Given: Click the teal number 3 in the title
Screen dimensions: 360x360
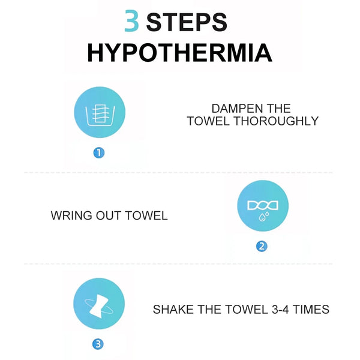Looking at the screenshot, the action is click(x=131, y=20).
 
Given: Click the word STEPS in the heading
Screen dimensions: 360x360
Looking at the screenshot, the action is click(x=187, y=22).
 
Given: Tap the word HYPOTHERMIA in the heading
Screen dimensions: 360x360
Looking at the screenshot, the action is click(x=180, y=53).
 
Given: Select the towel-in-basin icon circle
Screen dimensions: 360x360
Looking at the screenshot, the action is click(x=100, y=112).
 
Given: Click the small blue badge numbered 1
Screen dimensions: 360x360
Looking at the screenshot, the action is click(x=99, y=153).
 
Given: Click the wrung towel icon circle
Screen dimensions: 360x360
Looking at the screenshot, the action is click(x=263, y=206).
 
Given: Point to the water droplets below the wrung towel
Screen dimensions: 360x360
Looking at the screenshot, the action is click(x=263, y=216).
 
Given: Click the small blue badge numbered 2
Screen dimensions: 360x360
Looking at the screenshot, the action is click(x=262, y=247).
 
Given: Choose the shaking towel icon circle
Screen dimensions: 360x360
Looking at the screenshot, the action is click(x=99, y=304).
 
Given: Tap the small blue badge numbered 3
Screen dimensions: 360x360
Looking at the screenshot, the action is click(x=98, y=344).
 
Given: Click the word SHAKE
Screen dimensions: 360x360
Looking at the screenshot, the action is click(x=173, y=309).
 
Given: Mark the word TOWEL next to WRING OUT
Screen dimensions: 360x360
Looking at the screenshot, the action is click(x=146, y=215).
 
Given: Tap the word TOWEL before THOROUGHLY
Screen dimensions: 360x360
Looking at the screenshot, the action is click(x=208, y=121).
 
